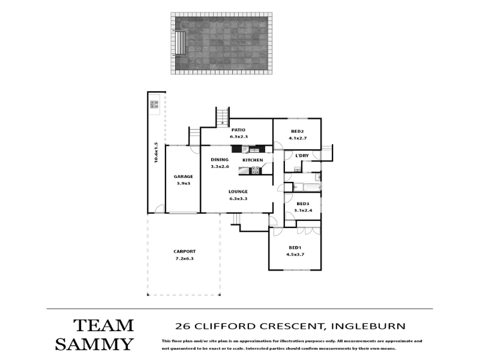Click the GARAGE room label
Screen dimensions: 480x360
(184, 176)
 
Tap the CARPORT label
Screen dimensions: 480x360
(184, 251)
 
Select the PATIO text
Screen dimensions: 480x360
(238, 130)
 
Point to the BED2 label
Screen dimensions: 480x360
(297, 131)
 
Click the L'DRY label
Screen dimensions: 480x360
(302, 155)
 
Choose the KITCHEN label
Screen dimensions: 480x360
(253, 160)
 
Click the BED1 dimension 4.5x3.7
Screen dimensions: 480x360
(295, 254)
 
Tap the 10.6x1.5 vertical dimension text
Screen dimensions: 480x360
(156, 152)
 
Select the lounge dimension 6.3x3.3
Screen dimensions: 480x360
(238, 199)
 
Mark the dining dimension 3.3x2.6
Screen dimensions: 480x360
(220, 167)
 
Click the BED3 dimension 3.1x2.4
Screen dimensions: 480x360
(303, 211)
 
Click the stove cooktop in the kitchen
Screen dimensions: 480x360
(256, 170)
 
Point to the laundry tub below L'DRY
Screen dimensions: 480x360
(297, 169)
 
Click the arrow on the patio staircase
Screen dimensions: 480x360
(223, 123)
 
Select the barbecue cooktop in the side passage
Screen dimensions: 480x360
(154, 104)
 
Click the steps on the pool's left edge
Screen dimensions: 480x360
(180, 43)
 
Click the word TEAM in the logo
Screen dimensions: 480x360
(103, 325)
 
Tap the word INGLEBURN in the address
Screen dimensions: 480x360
(368, 326)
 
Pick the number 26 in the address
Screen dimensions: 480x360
(182, 326)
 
